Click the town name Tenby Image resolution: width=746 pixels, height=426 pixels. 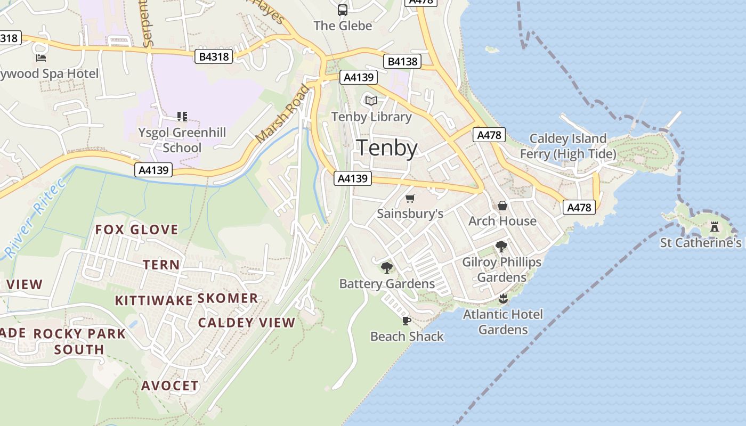click(387, 148)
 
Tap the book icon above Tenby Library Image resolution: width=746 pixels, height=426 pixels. click(371, 101)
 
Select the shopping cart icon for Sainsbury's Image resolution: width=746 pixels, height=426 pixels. click(410, 199)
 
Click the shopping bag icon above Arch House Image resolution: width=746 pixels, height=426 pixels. click(502, 206)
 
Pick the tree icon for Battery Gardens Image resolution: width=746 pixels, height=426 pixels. click(387, 267)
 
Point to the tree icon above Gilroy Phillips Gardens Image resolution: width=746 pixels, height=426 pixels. click(501, 246)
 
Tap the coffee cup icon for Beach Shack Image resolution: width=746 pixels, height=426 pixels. click(407, 321)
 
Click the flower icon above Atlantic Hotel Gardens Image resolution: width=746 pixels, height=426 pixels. click(502, 298)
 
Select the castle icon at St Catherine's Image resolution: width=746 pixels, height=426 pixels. click(715, 226)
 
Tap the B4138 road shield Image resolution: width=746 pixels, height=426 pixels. click(402, 61)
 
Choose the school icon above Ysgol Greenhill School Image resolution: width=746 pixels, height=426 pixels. click(182, 116)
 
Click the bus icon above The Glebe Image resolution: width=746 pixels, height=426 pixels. click(343, 10)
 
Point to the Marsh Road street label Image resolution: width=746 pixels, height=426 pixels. click(282, 114)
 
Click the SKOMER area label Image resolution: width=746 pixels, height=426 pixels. click(228, 298)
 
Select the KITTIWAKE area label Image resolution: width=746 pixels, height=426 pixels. click(153, 300)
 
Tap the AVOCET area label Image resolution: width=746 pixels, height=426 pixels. click(169, 386)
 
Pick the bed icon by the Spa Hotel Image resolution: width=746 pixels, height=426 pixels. click(41, 58)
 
